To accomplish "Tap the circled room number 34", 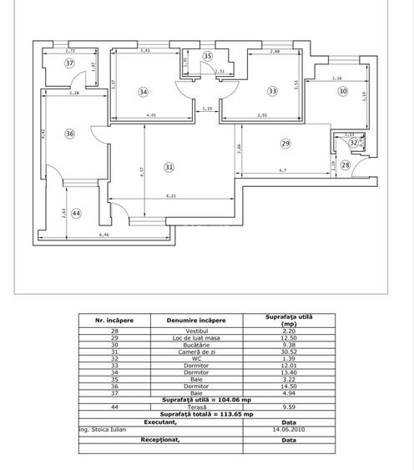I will (x=144, y=92).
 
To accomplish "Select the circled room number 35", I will (x=208, y=57).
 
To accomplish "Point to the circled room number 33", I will (x=272, y=92).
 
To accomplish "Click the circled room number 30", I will (x=342, y=92).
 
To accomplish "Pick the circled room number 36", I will (x=69, y=134).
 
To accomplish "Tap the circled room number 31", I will (x=169, y=167).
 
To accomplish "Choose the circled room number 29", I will (x=285, y=144).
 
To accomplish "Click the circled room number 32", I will (x=354, y=143).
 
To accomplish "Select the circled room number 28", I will (x=346, y=165).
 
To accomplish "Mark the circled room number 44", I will (x=77, y=214).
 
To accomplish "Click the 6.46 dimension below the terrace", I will (x=104, y=236).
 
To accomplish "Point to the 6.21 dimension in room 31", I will (x=171, y=196).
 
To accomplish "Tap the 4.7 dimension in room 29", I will (x=283, y=170).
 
